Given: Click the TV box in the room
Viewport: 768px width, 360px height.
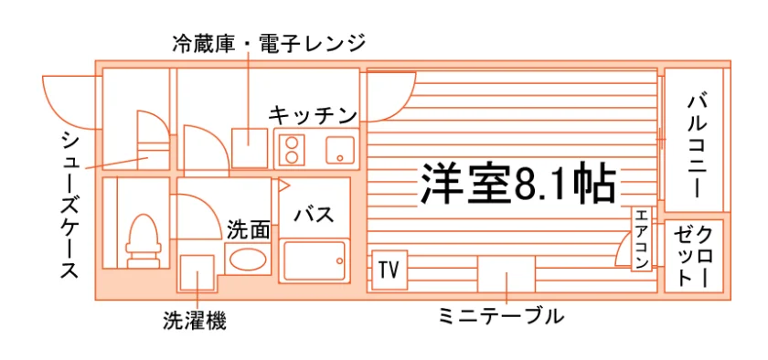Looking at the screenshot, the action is pyautogui.click(x=389, y=270).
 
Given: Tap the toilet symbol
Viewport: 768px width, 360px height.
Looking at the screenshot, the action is pyautogui.click(x=143, y=241).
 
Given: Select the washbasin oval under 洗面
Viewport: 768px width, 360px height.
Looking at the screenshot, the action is pyautogui.click(x=249, y=259).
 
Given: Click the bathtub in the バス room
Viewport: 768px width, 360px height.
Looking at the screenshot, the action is pyautogui.click(x=315, y=260).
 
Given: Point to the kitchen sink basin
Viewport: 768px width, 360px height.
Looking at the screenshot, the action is pyautogui.click(x=340, y=149).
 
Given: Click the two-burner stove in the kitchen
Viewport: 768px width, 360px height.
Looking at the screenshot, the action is pyautogui.click(x=292, y=150).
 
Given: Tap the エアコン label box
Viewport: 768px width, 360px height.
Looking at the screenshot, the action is pyautogui.click(x=642, y=239).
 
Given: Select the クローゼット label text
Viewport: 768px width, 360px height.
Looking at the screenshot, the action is pyautogui.click(x=693, y=256).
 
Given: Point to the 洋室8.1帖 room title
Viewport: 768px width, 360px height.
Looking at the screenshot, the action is pyautogui.click(x=517, y=184).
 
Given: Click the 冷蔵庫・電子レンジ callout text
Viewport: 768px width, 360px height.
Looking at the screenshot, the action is pyautogui.click(x=269, y=43).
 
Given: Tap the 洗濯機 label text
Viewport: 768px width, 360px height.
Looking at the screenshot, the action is pyautogui.click(x=195, y=322).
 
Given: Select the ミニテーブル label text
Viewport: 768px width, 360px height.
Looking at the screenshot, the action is pyautogui.click(x=501, y=316).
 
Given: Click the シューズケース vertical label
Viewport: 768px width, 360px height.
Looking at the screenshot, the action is pyautogui.click(x=70, y=205).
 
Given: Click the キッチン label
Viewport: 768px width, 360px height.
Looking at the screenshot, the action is pyautogui.click(x=313, y=116).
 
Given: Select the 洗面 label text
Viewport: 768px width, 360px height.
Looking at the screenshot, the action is pyautogui.click(x=249, y=230).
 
